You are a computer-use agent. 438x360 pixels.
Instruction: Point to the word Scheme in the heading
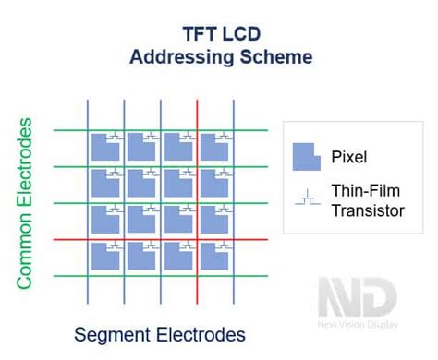(x=273, y=57)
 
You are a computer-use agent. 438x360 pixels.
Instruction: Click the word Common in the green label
(x=27, y=247)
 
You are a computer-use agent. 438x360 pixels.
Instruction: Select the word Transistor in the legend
(x=368, y=210)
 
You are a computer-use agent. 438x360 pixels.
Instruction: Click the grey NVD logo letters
(x=357, y=299)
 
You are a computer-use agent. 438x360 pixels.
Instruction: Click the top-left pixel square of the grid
(x=103, y=147)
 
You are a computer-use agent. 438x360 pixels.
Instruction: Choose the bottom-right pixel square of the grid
(x=214, y=257)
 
